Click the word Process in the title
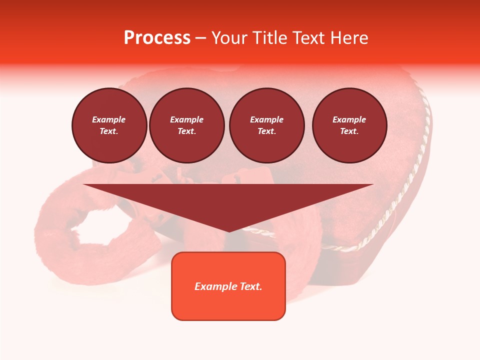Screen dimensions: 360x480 coord(157,38)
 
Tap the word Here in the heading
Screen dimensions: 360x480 coord(348,38)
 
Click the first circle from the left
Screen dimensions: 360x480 coord(109,125)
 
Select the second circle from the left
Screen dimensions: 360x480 coord(186,125)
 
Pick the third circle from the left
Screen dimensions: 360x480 coord(266,125)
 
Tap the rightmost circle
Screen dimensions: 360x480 coord(349,125)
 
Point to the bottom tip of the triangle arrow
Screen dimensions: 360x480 coord(228,231)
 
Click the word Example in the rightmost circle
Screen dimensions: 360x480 coord(349,119)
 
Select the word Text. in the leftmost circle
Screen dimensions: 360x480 coord(109,131)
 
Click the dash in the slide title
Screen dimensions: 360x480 coord(200,38)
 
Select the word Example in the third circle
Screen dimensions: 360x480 coord(266,119)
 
